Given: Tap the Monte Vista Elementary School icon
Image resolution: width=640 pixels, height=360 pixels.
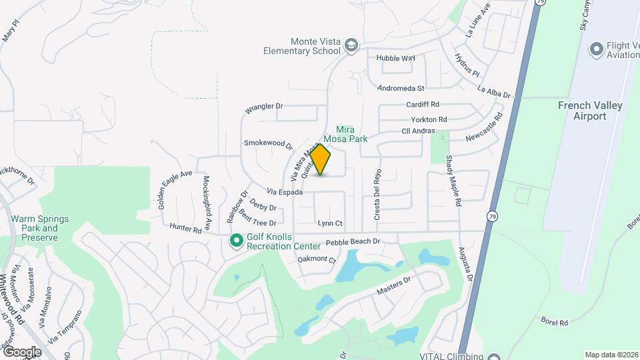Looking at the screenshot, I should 351,45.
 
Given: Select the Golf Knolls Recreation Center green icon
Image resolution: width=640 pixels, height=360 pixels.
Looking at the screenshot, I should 235,240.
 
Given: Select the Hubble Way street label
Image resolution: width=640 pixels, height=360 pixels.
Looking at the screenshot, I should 395,58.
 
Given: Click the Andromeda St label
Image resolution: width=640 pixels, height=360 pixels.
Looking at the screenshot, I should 401,88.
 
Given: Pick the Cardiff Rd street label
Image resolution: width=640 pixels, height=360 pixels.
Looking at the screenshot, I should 423,105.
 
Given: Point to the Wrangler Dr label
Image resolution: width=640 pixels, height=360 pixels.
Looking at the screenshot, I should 264,107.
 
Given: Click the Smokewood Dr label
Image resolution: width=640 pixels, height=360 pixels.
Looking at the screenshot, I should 268,143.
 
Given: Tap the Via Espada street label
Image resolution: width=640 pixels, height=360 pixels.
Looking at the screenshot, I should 286,192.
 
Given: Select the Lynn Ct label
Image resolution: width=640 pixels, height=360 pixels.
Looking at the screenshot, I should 330,223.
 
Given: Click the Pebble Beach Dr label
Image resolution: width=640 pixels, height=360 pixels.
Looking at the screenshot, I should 353,241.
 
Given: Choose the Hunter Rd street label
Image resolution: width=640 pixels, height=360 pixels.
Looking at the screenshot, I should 185,228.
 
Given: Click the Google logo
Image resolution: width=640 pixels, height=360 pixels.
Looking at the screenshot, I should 22,351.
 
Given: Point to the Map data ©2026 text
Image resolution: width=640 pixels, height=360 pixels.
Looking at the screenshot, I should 611,355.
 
